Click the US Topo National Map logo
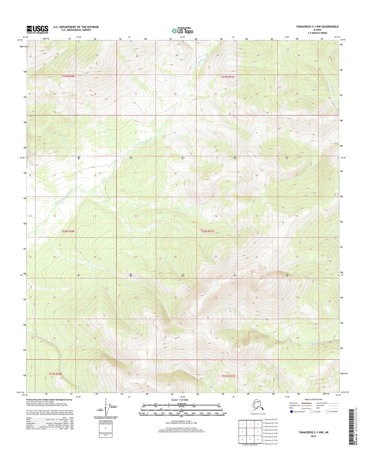[x=182, y=31]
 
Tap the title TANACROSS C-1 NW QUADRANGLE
[x=318, y=27]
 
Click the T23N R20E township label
[x=68, y=76]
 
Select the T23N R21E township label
[x=228, y=77]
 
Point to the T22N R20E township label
[x=68, y=231]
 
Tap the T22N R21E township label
[x=207, y=231]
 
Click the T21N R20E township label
[x=55, y=373]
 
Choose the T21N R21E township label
[x=228, y=376]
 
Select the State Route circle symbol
[x=327, y=412]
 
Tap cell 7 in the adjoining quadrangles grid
[x=250, y=439]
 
